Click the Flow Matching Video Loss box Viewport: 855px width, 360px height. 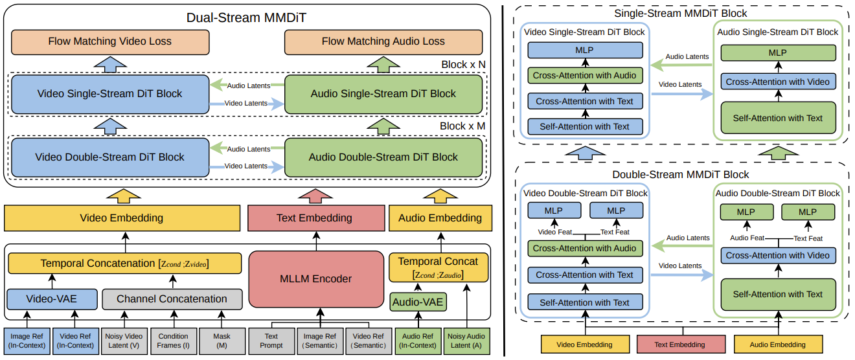[x=110, y=41]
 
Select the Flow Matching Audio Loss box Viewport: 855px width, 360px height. [x=383, y=41]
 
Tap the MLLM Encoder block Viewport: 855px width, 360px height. [x=317, y=279]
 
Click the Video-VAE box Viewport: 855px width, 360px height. [x=51, y=299]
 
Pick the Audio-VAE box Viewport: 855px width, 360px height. [x=417, y=302]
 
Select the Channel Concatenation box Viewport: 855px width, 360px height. [x=172, y=299]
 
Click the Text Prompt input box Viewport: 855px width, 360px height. [x=271, y=341]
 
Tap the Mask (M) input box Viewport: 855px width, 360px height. [x=222, y=341]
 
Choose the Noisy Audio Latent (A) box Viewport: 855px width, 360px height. [x=466, y=341]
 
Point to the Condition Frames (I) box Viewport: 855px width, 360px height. [x=173, y=341]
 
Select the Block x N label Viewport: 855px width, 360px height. [x=463, y=65]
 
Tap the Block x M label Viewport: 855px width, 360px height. [x=462, y=126]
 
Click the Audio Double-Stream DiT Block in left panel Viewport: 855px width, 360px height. [x=383, y=157]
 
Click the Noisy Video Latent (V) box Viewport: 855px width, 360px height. [x=124, y=341]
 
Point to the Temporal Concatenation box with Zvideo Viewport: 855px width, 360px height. [x=124, y=264]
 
